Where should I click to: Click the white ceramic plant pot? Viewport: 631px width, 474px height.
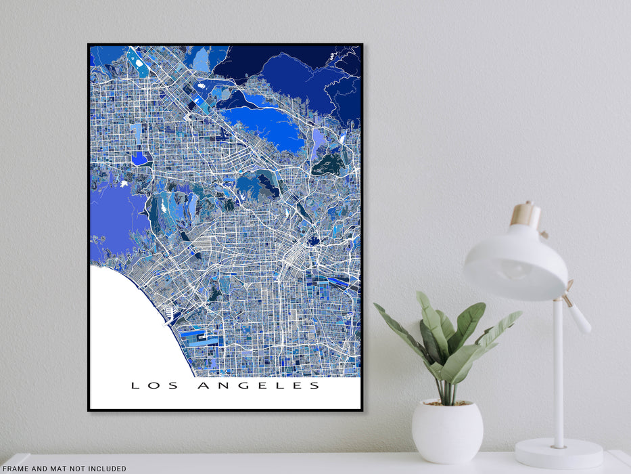(x=447, y=431)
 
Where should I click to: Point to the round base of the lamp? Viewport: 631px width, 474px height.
(x=559, y=453)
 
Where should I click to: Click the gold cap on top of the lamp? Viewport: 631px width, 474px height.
(x=525, y=215)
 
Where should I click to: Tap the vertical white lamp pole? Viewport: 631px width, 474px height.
(x=558, y=379)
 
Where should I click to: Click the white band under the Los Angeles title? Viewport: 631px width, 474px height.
(x=225, y=401)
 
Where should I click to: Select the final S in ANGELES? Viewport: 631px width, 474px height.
(x=314, y=386)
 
